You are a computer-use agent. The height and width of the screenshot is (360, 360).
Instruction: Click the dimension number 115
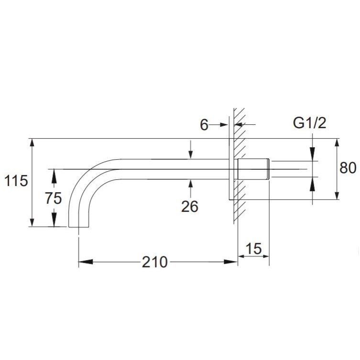click(x=16, y=180)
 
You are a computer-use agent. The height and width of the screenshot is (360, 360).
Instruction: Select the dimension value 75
click(x=53, y=198)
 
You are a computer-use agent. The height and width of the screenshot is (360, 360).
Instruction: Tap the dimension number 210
click(x=155, y=262)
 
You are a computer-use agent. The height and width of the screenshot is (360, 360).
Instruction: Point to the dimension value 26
click(x=190, y=206)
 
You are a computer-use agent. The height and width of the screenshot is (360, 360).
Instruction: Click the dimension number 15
click(x=253, y=248)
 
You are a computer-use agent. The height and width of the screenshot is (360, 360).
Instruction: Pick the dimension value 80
click(x=348, y=168)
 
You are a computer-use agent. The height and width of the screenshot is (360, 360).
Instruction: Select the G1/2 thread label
click(x=309, y=123)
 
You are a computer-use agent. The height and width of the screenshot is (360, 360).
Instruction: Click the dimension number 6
click(x=204, y=125)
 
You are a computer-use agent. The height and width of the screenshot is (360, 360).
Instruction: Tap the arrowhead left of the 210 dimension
click(x=86, y=262)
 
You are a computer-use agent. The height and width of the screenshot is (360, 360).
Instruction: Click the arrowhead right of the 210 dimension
click(x=231, y=262)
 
